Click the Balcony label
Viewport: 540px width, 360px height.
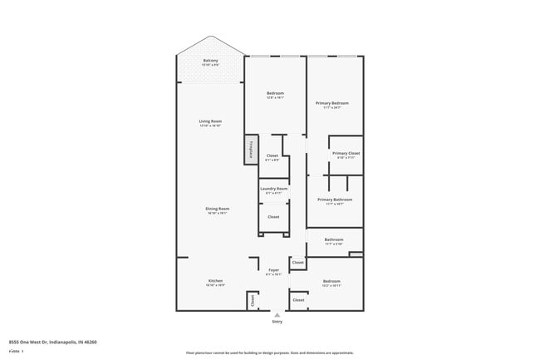pos(211,61)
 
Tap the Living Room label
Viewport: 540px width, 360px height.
pos(209,122)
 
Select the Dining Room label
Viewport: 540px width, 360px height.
pos(218,209)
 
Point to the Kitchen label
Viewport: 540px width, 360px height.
pos(214,281)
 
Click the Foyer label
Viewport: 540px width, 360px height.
pos(273,270)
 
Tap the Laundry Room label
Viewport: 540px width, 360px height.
pos(273,190)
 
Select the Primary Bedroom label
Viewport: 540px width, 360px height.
pos(331,103)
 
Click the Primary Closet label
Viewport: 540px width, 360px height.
pos(346,154)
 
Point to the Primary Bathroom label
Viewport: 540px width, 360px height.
pos(335,200)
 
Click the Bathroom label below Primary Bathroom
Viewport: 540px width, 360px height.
pos(333,241)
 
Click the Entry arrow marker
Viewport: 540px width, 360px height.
pos(277,314)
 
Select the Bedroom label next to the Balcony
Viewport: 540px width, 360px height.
pos(275,92)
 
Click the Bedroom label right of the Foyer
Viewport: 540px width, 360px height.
pos(331,281)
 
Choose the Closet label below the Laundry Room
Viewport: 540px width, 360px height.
pos(273,217)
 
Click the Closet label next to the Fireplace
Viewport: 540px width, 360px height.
pos(272,155)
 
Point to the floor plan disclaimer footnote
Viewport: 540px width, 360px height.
pos(269,353)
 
